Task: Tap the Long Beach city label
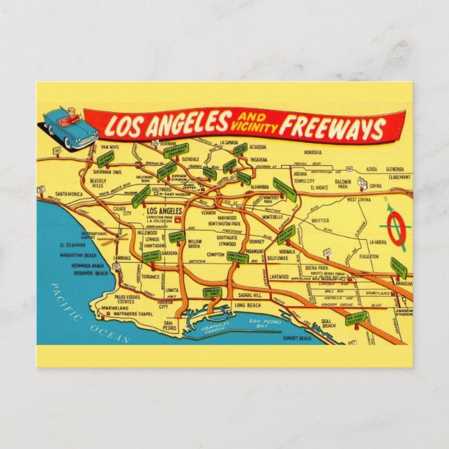pyautogui.click(x=249, y=305)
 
